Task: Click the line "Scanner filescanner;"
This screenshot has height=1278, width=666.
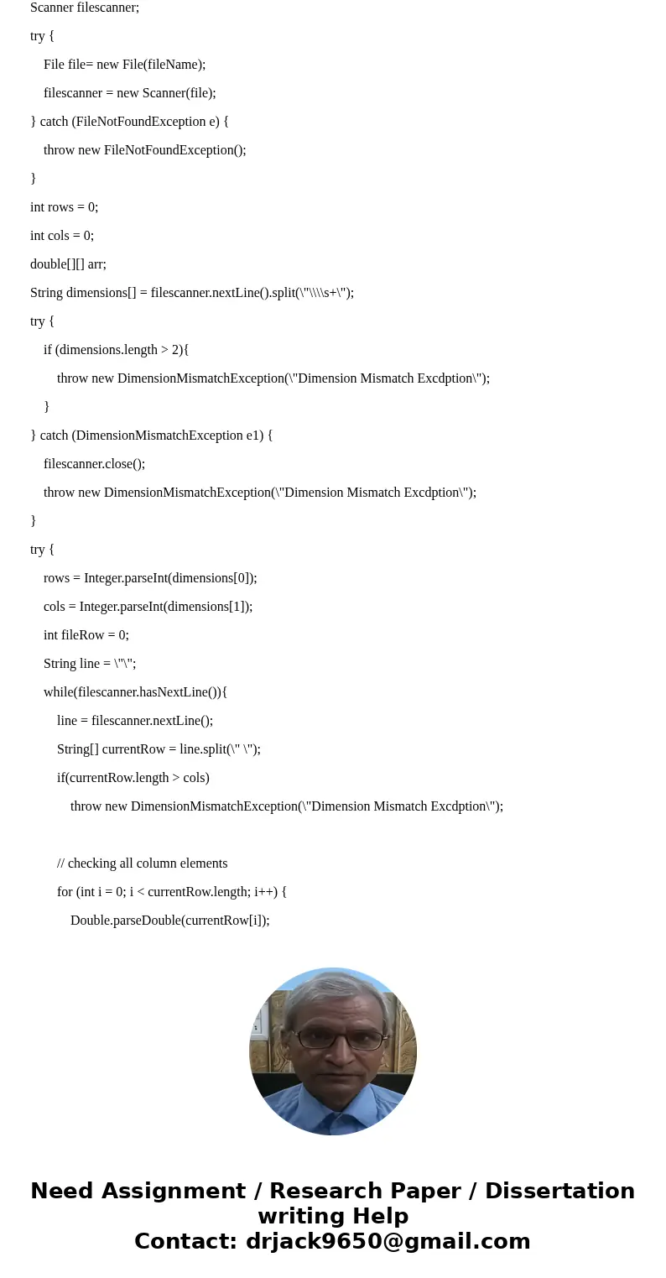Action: pos(85,8)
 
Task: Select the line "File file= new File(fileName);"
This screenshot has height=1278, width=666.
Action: pos(124,65)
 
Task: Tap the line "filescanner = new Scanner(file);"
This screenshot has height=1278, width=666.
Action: pos(129,93)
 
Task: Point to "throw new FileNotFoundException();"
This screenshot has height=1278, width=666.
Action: pos(144,150)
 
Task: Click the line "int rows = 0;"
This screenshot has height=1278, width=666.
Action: pos(64,207)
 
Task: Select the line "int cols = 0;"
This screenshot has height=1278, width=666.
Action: pos(62,236)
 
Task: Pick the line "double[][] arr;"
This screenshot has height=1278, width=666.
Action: pos(68,264)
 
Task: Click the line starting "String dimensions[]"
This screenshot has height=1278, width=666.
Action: pos(191,293)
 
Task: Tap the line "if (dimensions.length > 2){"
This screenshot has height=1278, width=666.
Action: pos(116,350)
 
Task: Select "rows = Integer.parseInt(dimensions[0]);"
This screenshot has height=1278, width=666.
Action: pos(150,578)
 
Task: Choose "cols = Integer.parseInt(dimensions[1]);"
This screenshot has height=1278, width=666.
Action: pos(148,607)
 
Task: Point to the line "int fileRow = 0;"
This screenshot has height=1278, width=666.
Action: pos(86,635)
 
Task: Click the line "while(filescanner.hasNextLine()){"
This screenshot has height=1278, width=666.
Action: pos(135,692)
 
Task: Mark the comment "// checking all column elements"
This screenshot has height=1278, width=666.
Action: pos(142,863)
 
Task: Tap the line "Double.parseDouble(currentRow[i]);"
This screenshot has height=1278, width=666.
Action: pos(169,921)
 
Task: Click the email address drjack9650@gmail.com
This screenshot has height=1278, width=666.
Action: pos(388,1241)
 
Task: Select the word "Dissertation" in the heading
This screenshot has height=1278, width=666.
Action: pos(559,1191)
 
